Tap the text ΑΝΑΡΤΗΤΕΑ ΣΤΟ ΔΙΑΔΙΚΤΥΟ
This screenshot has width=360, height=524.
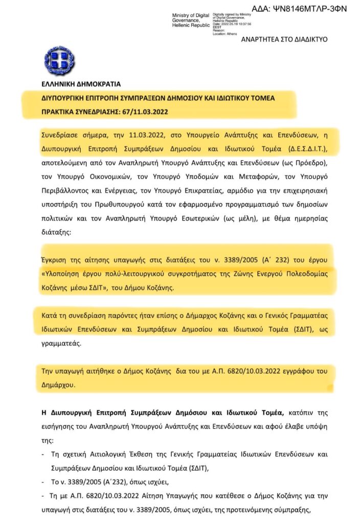point(284,39)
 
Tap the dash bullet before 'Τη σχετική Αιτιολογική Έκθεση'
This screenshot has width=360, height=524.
point(43,454)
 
